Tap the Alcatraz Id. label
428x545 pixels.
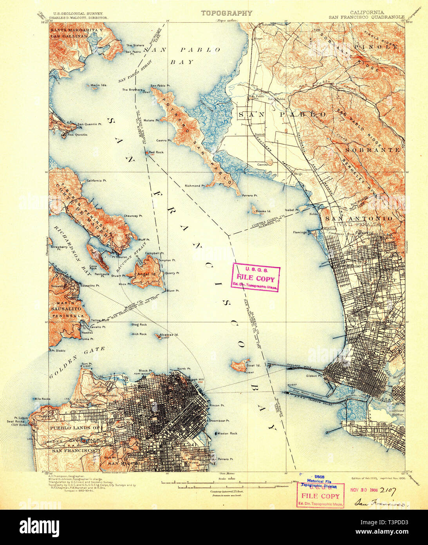click(x=170, y=335)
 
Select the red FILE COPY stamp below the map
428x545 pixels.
click(x=320, y=496)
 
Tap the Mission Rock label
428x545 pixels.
click(x=228, y=433)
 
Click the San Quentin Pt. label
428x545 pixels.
click(x=89, y=124)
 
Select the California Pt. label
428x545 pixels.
click(x=97, y=181)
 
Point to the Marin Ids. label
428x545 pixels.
click(x=99, y=85)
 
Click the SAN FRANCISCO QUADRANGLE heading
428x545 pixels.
click(x=367, y=17)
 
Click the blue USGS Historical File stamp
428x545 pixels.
click(x=319, y=482)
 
